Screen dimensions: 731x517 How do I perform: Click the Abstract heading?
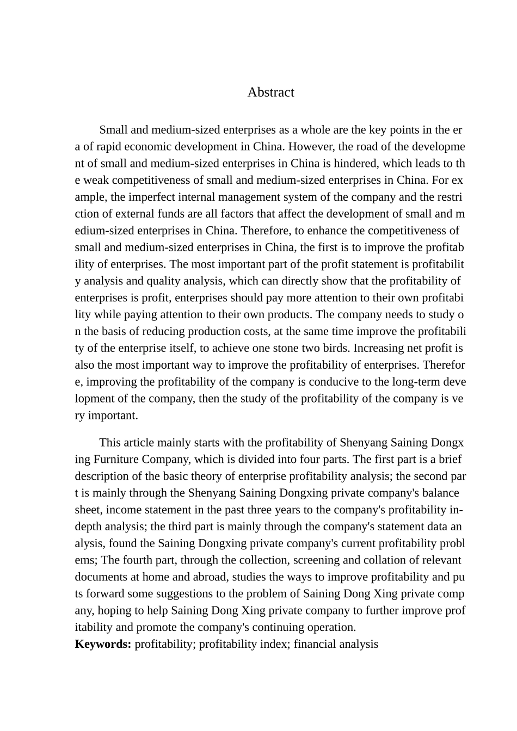tap(270, 92)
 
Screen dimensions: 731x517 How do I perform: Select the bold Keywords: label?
tap(103, 645)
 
